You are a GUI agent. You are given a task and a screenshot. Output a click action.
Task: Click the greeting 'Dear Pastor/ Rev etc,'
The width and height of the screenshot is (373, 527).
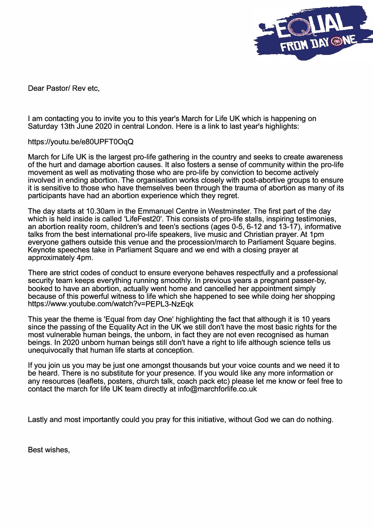(x=64, y=88)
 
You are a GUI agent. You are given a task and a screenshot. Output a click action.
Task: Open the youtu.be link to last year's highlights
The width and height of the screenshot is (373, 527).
(x=81, y=142)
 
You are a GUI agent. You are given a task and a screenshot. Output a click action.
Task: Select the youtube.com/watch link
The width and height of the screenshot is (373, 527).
(x=111, y=304)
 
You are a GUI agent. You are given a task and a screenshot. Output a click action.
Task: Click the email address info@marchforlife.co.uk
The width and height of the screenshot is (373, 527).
(x=217, y=389)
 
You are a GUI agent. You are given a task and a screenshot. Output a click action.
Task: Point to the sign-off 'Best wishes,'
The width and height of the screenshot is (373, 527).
(x=49, y=450)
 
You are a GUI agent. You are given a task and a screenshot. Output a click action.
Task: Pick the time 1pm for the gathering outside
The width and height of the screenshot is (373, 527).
(x=316, y=234)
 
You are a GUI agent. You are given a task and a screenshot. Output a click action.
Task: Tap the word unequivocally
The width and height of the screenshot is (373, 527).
(x=50, y=350)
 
